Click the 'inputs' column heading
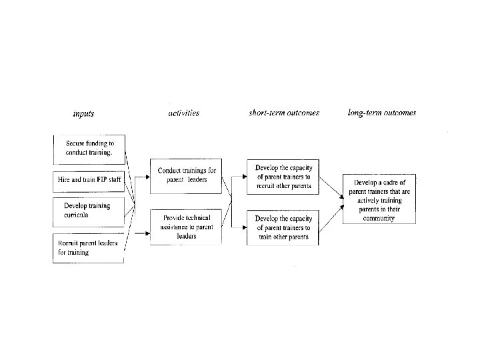tap(83, 114)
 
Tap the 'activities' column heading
tap(184, 113)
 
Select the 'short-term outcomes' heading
tap(284, 113)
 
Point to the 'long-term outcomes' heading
tap(382, 113)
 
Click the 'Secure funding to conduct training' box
tap(89, 150)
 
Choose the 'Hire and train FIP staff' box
tap(89, 182)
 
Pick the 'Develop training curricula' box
tap(89, 212)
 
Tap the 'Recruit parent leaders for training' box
tap(89, 248)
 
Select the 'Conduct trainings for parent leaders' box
tap(186, 176)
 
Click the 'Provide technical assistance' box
tap(186, 227)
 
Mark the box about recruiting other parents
tap(283, 177)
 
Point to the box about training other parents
tap(283, 228)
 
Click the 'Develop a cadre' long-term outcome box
tap(379, 199)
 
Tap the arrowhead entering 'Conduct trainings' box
tap(148, 177)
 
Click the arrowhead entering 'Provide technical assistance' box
tap(148, 233)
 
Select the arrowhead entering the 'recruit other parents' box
tap(245, 177)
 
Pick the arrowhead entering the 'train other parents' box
tap(245, 227)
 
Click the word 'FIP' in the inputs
tap(101, 179)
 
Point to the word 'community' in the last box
tap(379, 218)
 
